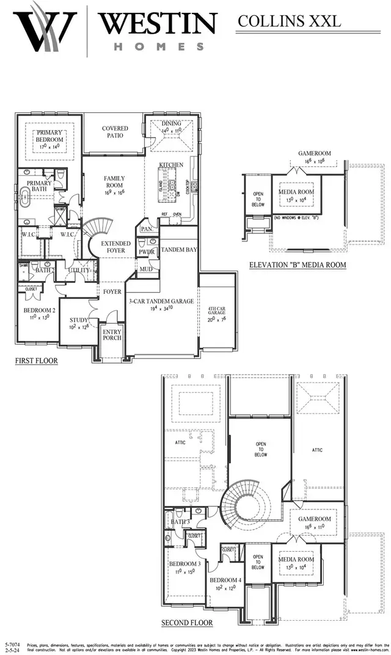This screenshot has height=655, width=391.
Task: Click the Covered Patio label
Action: [115, 132]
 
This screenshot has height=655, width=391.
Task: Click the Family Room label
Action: [114, 182]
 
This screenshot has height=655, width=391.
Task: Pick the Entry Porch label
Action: [112, 334]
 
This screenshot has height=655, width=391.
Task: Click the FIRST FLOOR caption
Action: [37, 361]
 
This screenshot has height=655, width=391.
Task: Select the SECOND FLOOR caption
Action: [187, 623]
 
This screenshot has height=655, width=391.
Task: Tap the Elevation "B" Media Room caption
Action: [298, 265]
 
